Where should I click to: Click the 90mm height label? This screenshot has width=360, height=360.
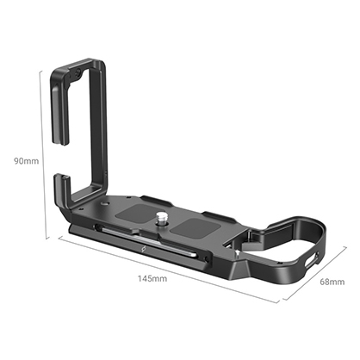click(18, 159)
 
